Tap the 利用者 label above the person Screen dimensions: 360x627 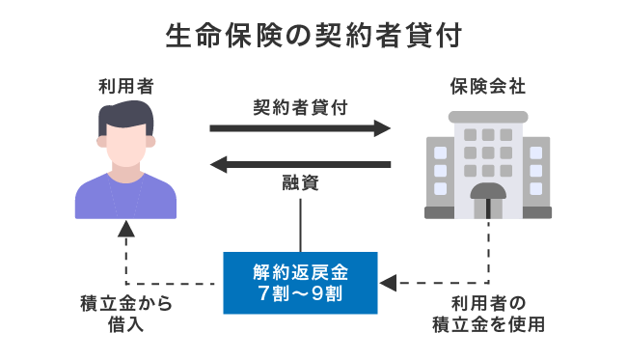pyautogui.click(x=126, y=88)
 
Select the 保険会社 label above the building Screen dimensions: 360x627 pyautogui.click(x=487, y=88)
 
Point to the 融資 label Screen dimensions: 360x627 pyautogui.click(x=300, y=184)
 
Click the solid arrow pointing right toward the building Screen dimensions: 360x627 pyautogui.click(x=300, y=127)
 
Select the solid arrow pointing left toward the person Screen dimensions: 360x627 pyautogui.click(x=300, y=165)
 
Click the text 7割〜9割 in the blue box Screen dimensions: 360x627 pyautogui.click(x=300, y=293)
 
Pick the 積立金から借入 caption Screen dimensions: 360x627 pyautogui.click(x=126, y=314)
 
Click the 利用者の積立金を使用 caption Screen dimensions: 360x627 pyautogui.click(x=488, y=314)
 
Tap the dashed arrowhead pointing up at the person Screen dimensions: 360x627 pyautogui.click(x=126, y=230)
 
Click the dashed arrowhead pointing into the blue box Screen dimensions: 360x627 pyautogui.click(x=388, y=284)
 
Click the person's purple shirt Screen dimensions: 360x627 pyautogui.click(x=126, y=198)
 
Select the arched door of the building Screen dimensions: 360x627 pyautogui.click(x=488, y=198)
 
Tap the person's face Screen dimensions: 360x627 pyautogui.click(x=126, y=145)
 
